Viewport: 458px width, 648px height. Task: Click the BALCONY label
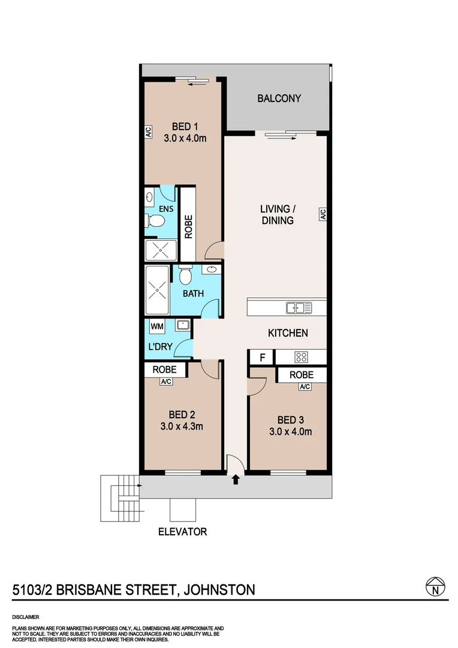click(279, 98)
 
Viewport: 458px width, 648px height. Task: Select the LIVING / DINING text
click(277, 215)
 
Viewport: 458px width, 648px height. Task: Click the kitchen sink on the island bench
click(299, 308)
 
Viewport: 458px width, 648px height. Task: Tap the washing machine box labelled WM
click(157, 326)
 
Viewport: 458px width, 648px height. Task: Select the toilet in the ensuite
click(155, 221)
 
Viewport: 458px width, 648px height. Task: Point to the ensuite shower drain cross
click(160, 251)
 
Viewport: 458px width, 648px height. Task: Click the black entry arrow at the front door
click(235, 479)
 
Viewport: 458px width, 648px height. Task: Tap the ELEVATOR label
click(183, 532)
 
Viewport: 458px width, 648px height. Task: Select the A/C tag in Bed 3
click(305, 386)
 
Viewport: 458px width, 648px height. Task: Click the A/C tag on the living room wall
click(322, 214)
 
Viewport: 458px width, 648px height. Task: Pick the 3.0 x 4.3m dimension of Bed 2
click(182, 427)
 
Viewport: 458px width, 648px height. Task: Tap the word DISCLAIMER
click(25, 617)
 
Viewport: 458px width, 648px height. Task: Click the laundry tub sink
click(183, 326)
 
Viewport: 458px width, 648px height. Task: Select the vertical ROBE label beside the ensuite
click(188, 227)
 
